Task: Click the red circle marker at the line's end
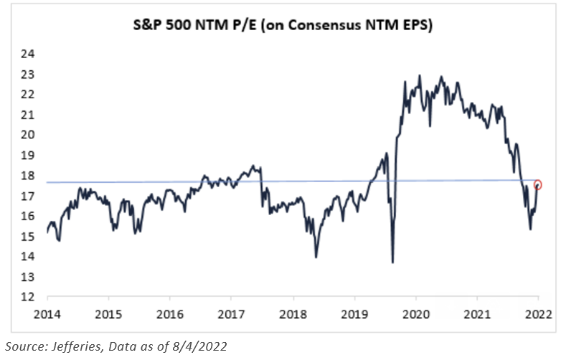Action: pyautogui.click(x=538, y=185)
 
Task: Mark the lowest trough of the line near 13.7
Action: pyautogui.click(x=392, y=262)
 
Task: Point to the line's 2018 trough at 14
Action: pyautogui.click(x=316, y=256)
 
